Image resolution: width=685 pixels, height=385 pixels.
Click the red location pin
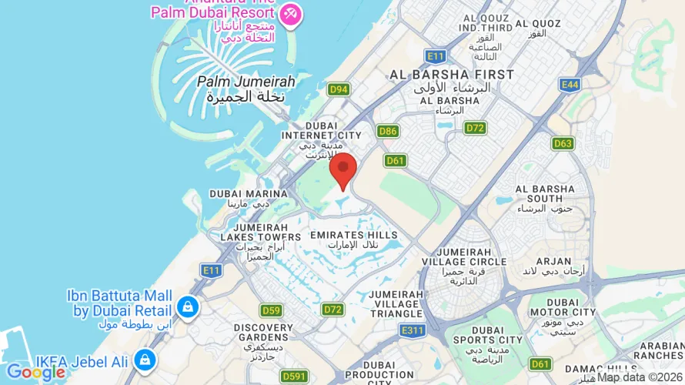pyautogui.click(x=342, y=169)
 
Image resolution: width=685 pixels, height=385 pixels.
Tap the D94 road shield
pyautogui.click(x=339, y=90)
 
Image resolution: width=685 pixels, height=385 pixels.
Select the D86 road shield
pyautogui.click(x=388, y=132)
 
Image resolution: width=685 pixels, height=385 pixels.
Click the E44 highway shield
pyautogui.click(x=570, y=83)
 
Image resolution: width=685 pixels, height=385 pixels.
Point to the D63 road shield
pyautogui.click(x=563, y=143)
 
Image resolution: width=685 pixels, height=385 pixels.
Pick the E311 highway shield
pyautogui.click(x=412, y=330)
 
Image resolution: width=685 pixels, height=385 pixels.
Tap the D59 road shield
pyautogui.click(x=270, y=311)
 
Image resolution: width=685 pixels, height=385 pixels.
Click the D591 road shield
pyautogui.click(x=293, y=376)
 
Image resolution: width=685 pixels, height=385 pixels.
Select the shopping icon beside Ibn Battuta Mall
pyautogui.click(x=186, y=307)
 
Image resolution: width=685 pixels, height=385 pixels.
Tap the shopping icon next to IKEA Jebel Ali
pyautogui.click(x=144, y=359)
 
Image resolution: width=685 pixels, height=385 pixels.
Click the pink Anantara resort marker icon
pyautogui.click(x=290, y=14)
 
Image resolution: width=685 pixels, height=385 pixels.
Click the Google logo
pyautogui.click(x=35, y=373)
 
